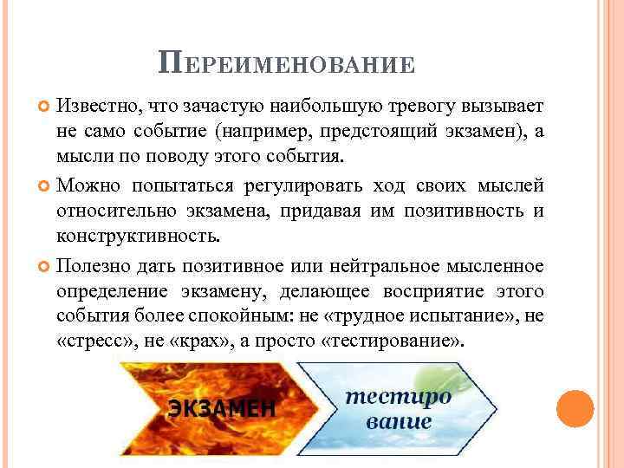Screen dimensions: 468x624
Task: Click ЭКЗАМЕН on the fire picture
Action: tap(223, 407)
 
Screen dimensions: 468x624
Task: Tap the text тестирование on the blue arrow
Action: tap(399, 409)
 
